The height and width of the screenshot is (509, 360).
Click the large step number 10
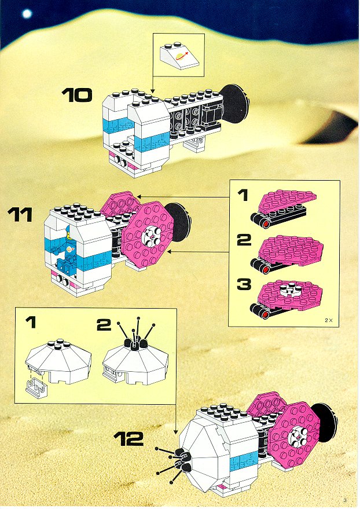pos(77,95)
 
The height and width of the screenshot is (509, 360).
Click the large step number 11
pos(20,215)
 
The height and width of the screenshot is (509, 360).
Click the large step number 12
pos(128,438)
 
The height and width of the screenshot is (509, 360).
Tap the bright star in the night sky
pos(27,14)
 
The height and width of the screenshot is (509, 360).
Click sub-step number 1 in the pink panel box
pos(243,195)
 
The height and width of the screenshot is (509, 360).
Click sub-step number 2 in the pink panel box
pos(244,240)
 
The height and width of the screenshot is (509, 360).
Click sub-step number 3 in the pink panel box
pos(244,284)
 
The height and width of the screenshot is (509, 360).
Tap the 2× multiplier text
pos(329,320)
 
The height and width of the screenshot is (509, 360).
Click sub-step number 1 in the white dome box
pos(31,323)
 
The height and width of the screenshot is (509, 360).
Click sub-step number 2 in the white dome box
pos(104,325)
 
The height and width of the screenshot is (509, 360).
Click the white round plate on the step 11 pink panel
pos(151,235)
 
